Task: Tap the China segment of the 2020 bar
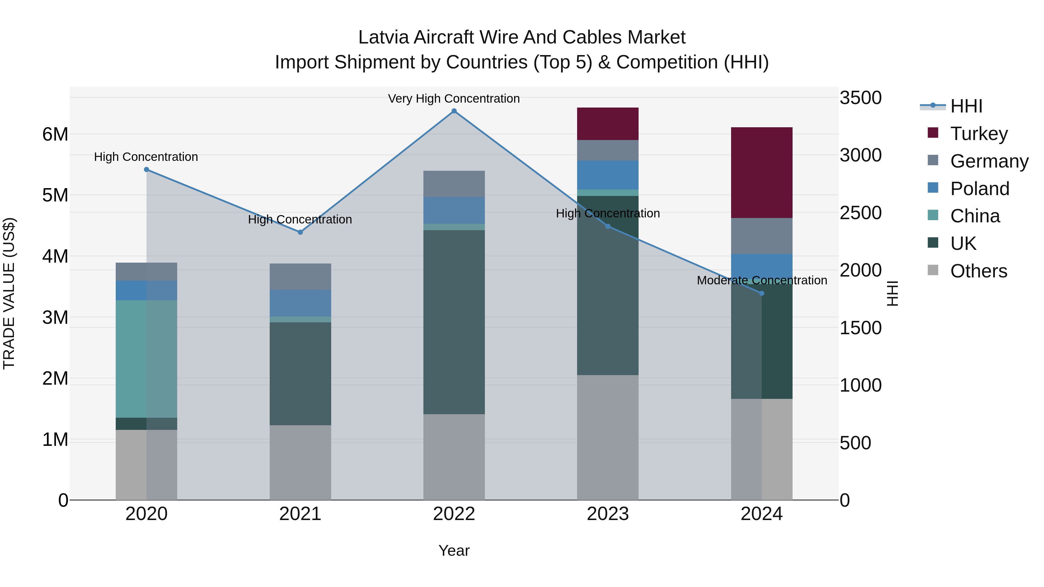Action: (x=146, y=359)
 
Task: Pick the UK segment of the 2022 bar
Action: (x=454, y=322)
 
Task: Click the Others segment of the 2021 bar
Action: (x=300, y=462)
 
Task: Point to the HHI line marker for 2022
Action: (x=454, y=111)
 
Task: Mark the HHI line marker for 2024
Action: (x=762, y=293)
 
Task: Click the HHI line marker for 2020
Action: (x=146, y=169)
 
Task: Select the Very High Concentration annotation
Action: (x=454, y=99)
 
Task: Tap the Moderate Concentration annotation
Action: (x=762, y=280)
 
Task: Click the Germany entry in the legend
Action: (x=989, y=161)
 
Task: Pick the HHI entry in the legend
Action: (x=966, y=106)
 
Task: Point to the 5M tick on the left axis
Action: (x=55, y=195)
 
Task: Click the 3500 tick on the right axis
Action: (x=860, y=98)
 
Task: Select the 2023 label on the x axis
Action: (x=608, y=514)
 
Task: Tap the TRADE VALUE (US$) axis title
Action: (x=9, y=293)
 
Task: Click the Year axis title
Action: (x=454, y=550)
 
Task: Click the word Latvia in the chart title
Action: (x=383, y=37)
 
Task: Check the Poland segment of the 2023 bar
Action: (x=608, y=175)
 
